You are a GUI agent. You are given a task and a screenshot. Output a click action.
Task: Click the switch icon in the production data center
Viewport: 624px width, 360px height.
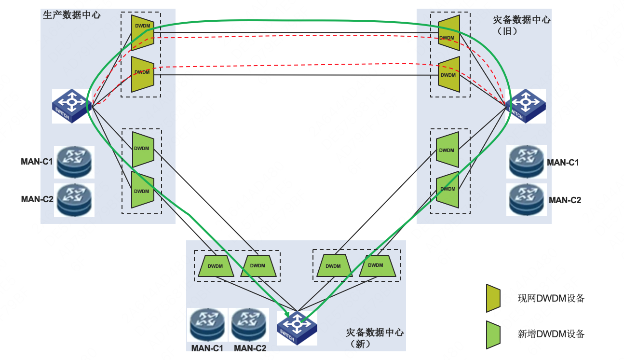tap(72, 106)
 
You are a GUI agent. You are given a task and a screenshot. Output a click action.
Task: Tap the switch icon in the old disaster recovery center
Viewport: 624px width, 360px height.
tap(526, 106)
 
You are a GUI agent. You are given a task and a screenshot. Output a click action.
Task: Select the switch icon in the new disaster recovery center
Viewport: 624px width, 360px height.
tap(297, 328)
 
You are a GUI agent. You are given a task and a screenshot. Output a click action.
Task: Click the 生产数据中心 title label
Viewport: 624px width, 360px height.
tap(71, 15)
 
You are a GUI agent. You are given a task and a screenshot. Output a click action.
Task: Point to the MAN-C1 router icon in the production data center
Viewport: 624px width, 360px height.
tap(74, 162)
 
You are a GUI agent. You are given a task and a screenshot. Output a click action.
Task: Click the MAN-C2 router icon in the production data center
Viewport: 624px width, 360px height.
tap(74, 200)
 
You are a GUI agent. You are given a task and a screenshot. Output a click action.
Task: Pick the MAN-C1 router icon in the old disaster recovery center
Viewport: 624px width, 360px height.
tap(527, 162)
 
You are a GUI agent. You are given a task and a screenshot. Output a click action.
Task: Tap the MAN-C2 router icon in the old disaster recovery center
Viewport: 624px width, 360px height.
tap(527, 200)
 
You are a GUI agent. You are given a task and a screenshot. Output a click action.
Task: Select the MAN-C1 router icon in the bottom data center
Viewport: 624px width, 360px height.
tap(207, 325)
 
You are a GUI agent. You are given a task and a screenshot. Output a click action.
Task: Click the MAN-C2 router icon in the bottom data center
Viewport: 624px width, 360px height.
tap(249, 325)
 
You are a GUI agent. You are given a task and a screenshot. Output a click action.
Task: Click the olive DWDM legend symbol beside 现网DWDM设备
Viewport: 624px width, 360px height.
tap(493, 298)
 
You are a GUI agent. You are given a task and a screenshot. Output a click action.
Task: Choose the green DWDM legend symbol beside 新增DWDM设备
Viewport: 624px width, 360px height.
tap(493, 334)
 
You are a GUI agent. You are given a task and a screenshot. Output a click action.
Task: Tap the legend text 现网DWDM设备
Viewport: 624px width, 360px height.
tap(551, 298)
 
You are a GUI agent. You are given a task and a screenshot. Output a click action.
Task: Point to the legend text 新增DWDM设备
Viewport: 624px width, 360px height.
tap(551, 334)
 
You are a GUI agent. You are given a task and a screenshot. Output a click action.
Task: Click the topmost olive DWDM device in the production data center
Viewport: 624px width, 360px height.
tap(143, 33)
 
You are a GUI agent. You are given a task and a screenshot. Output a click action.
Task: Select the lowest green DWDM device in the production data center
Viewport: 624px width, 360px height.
tap(143, 190)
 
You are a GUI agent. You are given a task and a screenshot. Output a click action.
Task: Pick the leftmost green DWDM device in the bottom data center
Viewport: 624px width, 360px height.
tap(216, 266)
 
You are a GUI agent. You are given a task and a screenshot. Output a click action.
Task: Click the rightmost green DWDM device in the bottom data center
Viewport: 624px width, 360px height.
tap(377, 265)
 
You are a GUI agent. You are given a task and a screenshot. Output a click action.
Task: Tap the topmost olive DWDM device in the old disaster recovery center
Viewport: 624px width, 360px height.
tap(449, 33)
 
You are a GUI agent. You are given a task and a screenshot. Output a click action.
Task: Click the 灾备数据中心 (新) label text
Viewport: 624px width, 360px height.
tap(375, 338)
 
